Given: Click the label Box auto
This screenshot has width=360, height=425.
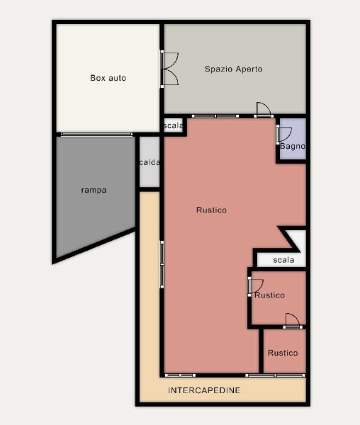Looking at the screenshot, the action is click(x=108, y=78).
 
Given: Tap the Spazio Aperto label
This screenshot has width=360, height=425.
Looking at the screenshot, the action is click(x=234, y=69).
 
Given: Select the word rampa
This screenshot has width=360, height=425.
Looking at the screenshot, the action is click(x=94, y=190).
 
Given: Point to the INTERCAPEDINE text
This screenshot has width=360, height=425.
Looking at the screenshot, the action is click(x=204, y=390).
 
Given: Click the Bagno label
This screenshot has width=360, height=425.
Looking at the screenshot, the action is click(x=293, y=147).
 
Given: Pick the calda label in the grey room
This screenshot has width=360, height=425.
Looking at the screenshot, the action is click(x=150, y=162).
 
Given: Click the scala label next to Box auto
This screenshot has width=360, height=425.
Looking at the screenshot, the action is click(x=173, y=125).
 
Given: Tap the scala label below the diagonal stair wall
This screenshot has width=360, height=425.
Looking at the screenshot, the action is click(x=283, y=260).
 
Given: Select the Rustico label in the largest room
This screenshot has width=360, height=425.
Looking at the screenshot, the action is click(x=211, y=210).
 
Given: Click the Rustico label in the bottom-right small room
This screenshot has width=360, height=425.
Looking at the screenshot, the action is click(x=283, y=353).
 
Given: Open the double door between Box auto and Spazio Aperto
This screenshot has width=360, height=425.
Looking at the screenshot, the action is click(x=169, y=69).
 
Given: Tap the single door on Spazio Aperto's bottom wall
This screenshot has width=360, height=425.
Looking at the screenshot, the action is click(x=264, y=110).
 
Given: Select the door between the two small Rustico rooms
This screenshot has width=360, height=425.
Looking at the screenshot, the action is click(x=293, y=321).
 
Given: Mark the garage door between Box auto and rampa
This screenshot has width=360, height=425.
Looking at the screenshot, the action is click(x=96, y=134).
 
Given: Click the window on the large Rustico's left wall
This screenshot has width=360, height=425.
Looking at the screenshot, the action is click(x=162, y=264).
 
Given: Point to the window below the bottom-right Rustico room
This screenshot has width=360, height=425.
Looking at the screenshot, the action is click(x=276, y=375).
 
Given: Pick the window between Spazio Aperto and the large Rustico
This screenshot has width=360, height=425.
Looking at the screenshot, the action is click(x=215, y=116).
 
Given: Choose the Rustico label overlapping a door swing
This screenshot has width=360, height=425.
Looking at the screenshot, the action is click(x=270, y=295).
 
